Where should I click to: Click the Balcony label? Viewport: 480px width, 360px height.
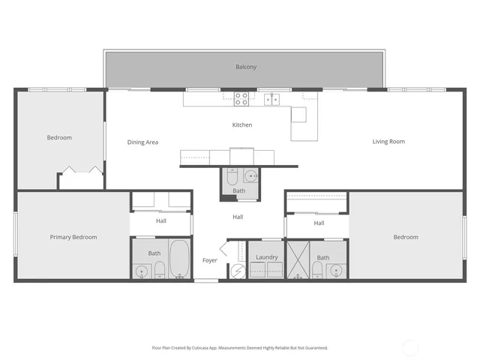(x=246, y=67)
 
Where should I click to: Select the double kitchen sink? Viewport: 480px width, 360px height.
(x=271, y=97)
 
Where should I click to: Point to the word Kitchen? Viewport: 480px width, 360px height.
(x=242, y=125)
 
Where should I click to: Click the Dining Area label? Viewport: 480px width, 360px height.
(x=142, y=142)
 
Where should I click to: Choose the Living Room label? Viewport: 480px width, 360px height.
(x=388, y=142)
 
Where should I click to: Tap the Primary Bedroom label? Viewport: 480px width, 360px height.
(x=73, y=238)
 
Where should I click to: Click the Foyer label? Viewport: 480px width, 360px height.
(x=210, y=261)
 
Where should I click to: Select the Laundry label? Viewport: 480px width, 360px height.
(x=266, y=257)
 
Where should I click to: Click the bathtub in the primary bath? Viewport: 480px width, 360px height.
(x=179, y=259)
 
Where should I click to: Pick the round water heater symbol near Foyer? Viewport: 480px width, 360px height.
(x=236, y=270)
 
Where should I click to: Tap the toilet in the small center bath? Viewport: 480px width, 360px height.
(x=232, y=178)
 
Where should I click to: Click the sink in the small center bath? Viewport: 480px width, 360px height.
(x=250, y=177)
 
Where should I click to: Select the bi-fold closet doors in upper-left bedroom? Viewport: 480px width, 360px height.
(x=81, y=170)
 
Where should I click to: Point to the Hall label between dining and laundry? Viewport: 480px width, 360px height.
(x=238, y=217)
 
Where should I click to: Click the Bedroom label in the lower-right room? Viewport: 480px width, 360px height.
(x=406, y=238)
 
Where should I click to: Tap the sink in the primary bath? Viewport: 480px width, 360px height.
(x=141, y=270)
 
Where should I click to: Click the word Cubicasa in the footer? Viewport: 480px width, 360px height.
(x=198, y=348)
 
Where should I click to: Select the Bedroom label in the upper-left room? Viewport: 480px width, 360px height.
(x=59, y=138)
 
